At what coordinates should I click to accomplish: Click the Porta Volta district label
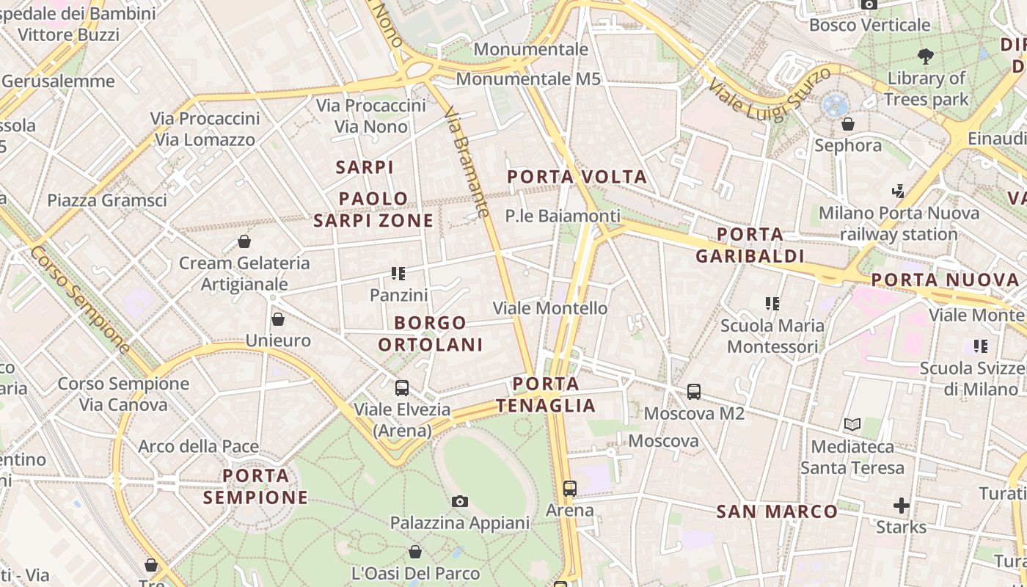click(x=577, y=177)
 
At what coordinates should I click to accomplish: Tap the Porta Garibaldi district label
click(x=750, y=245)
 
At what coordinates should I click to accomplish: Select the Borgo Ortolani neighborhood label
click(x=431, y=333)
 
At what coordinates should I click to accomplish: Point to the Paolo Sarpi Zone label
click(x=373, y=209)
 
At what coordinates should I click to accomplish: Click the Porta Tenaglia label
click(x=546, y=394)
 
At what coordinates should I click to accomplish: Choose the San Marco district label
click(x=777, y=511)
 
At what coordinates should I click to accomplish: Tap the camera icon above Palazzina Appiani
click(x=460, y=502)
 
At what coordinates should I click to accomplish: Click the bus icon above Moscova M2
click(x=694, y=392)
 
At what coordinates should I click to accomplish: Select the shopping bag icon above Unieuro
click(x=278, y=319)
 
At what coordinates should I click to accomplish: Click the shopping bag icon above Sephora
click(x=848, y=124)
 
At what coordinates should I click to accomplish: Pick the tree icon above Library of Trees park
click(x=926, y=56)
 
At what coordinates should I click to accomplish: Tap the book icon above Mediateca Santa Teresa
click(x=852, y=424)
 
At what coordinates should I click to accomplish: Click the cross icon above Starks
click(x=902, y=506)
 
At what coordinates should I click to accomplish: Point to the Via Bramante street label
click(x=467, y=162)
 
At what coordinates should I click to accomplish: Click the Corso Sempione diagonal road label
click(x=80, y=299)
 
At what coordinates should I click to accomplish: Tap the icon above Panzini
click(x=398, y=274)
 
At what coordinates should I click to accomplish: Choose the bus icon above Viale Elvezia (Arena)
click(x=402, y=388)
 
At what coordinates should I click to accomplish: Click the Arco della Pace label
click(x=198, y=446)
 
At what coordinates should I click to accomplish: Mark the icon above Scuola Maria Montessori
click(x=772, y=304)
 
